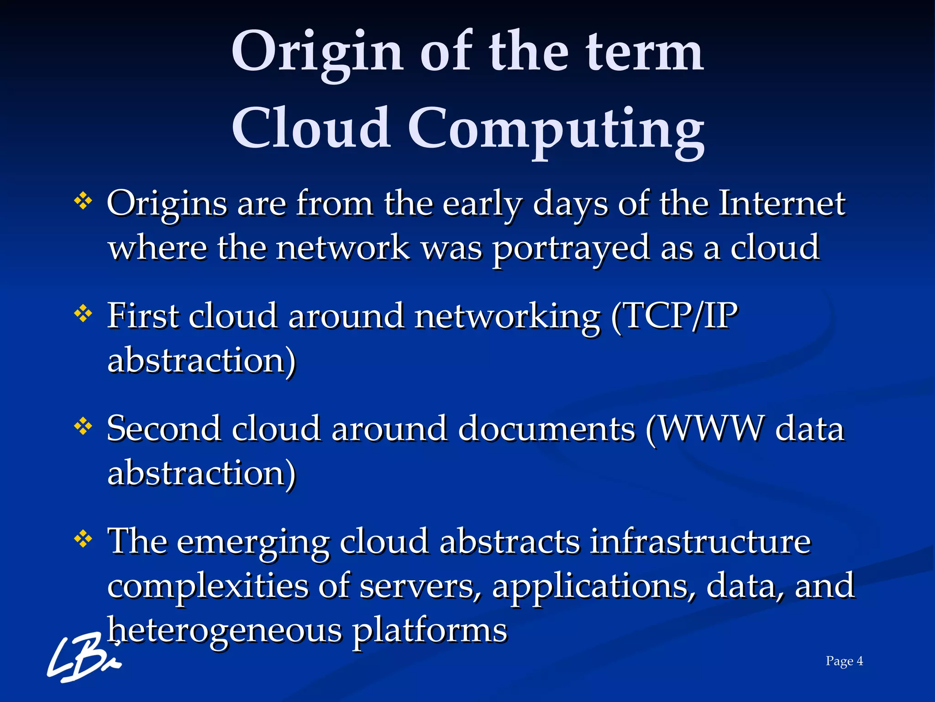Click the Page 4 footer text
pos(844,661)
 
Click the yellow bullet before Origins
pos(83,201)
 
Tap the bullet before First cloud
pos(83,314)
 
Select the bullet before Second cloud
pos(83,427)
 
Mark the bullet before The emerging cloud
pos(83,539)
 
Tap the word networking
pos(507,316)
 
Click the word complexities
pos(208,586)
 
